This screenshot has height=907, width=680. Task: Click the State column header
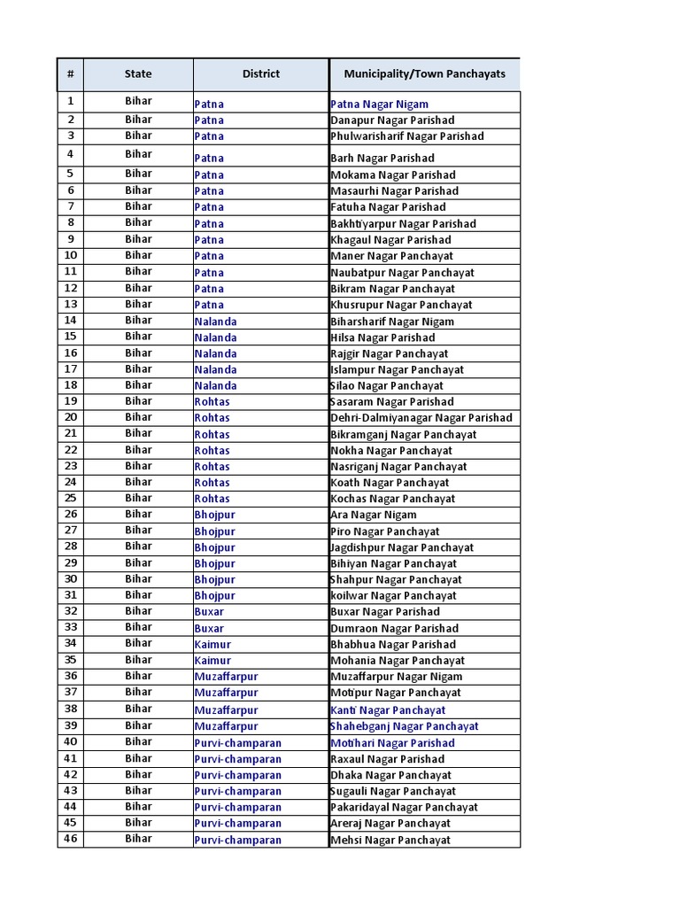click(138, 74)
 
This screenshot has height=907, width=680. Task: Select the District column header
click(260, 74)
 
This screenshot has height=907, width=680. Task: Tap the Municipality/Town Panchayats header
click(424, 74)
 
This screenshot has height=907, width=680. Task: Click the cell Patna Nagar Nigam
click(379, 105)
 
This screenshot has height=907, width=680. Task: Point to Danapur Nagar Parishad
click(392, 120)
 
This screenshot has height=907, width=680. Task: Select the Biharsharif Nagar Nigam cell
click(392, 322)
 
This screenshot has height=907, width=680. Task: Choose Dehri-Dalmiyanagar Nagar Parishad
click(421, 418)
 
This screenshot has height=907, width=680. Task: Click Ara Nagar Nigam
click(373, 515)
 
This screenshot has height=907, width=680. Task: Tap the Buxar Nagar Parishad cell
click(384, 612)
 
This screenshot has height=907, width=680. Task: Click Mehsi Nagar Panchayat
click(390, 841)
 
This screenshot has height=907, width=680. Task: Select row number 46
click(71, 839)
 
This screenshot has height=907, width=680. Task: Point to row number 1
click(71, 101)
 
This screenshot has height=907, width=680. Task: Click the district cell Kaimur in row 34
click(212, 645)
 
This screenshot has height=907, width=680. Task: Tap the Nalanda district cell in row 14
click(216, 322)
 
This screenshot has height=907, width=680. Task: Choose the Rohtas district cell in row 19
click(212, 402)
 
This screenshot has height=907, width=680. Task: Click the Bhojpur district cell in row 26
click(215, 515)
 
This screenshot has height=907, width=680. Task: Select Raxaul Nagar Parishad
click(387, 759)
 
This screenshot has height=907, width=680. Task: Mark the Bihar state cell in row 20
click(138, 417)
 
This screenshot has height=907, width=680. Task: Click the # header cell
click(71, 74)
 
